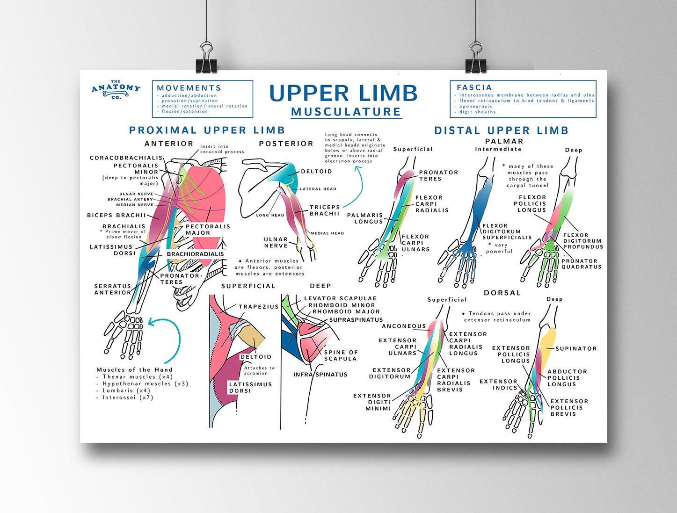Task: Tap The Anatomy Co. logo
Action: click(116, 89)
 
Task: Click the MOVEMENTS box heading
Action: click(189, 88)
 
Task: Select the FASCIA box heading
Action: click(474, 87)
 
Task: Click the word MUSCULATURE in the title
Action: click(346, 112)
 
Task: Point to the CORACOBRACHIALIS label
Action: click(126, 158)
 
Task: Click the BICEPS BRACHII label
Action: click(116, 216)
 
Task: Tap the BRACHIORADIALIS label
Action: click(195, 254)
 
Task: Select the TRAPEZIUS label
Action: click(258, 307)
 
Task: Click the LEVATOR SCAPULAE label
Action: click(340, 298)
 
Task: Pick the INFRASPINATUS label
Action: click(320, 375)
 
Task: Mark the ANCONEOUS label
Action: click(404, 326)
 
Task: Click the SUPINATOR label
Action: click(576, 349)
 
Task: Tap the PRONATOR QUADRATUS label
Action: click(581, 264)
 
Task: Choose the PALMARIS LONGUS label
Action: click(365, 218)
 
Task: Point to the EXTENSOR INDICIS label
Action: click(498, 384)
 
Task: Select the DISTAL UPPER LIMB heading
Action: click(501, 130)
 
